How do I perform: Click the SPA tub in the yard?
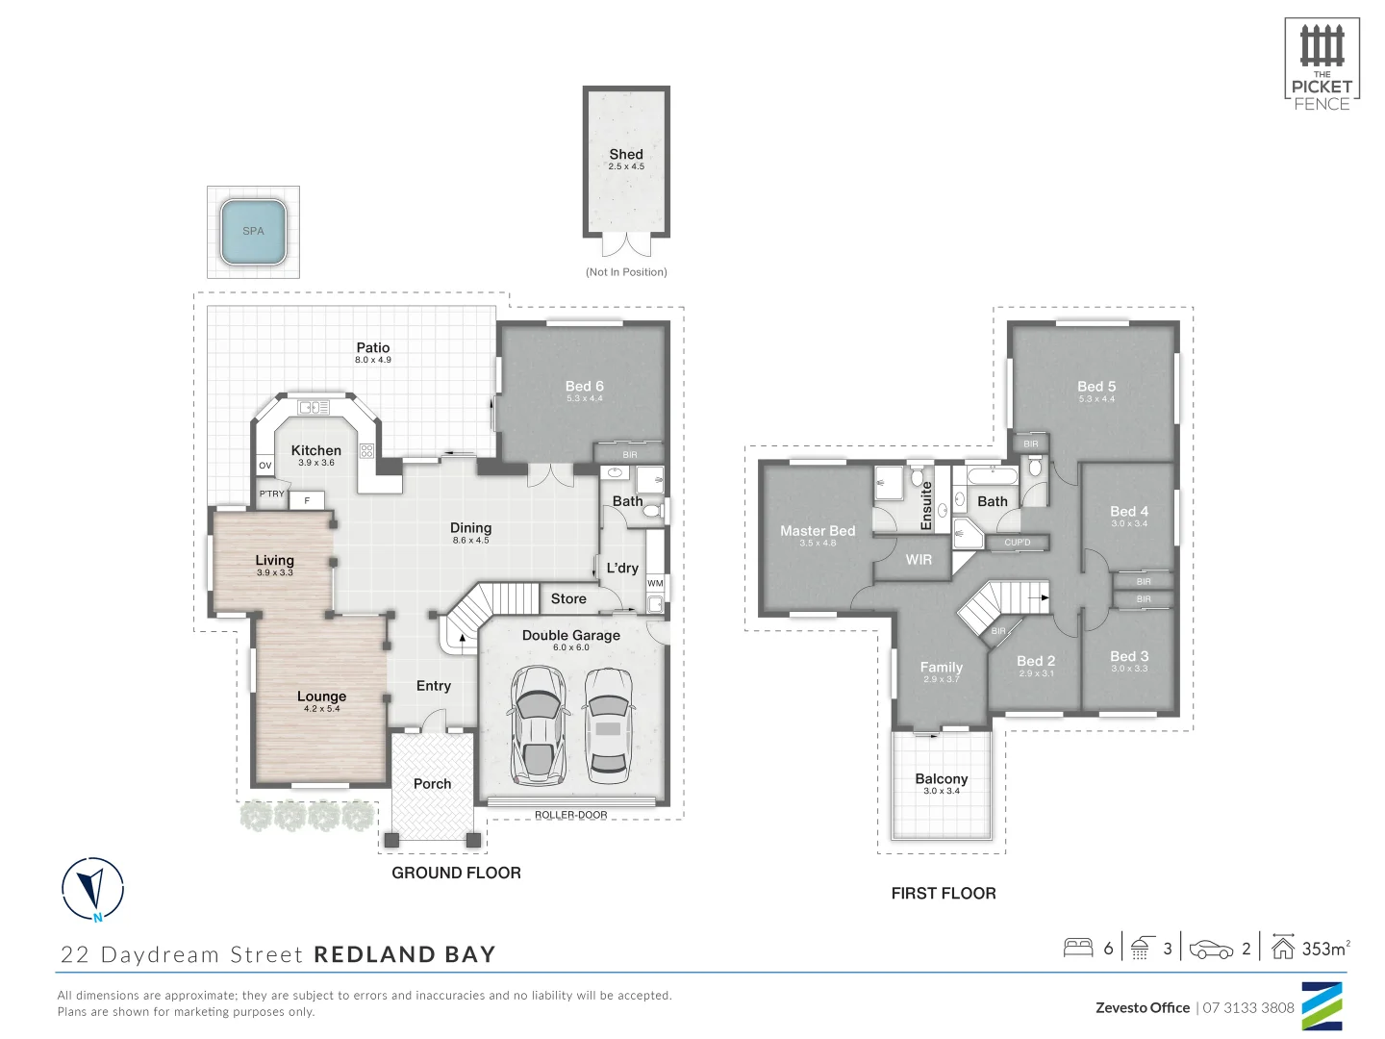[x=253, y=231]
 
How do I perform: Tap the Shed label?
[x=626, y=154]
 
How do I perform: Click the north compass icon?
[x=93, y=888]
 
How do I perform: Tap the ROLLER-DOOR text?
[x=571, y=815]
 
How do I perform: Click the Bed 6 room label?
[x=584, y=386]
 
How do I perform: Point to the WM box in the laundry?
[x=655, y=583]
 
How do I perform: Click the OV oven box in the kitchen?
[x=265, y=466]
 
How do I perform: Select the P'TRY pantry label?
[x=272, y=494]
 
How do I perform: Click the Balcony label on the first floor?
[x=942, y=778]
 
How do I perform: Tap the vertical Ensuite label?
[x=927, y=505]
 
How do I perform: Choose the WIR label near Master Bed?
[x=919, y=559]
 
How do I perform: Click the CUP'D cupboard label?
[x=1018, y=543]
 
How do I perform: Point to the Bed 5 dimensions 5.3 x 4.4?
[x=1096, y=398]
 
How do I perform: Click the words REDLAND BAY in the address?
[x=405, y=954]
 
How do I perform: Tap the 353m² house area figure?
[x=1325, y=949]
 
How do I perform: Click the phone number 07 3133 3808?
[x=1248, y=1007]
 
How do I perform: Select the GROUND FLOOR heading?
[x=456, y=873]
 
